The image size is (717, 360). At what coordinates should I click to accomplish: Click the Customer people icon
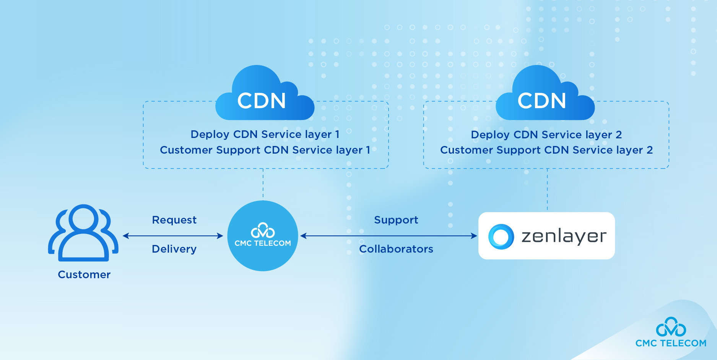83,233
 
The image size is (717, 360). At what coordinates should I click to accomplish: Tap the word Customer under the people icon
84,275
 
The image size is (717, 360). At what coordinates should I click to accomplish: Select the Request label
174,220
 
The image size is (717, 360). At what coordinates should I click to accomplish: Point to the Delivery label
174,249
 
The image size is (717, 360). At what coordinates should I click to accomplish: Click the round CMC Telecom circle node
263,236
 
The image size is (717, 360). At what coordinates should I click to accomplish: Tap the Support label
396,220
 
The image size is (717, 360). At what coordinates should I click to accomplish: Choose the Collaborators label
396,249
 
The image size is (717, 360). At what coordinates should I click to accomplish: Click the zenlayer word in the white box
564,236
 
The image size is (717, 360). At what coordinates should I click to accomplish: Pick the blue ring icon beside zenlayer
501,237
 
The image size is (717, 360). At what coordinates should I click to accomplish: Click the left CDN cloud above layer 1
264,96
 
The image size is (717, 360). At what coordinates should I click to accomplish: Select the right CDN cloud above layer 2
544,96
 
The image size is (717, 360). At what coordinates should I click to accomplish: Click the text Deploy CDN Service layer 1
265,135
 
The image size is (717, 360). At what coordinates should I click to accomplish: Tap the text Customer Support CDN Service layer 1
265,150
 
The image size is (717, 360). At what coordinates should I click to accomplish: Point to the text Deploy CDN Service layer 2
546,135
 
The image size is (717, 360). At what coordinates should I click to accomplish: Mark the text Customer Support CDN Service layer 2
546,150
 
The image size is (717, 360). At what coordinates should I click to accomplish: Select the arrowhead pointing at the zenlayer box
474,236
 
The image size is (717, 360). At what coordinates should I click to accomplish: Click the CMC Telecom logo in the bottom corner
671,332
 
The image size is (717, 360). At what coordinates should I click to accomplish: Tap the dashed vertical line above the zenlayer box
547,190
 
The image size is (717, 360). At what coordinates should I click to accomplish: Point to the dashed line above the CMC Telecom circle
263,184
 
